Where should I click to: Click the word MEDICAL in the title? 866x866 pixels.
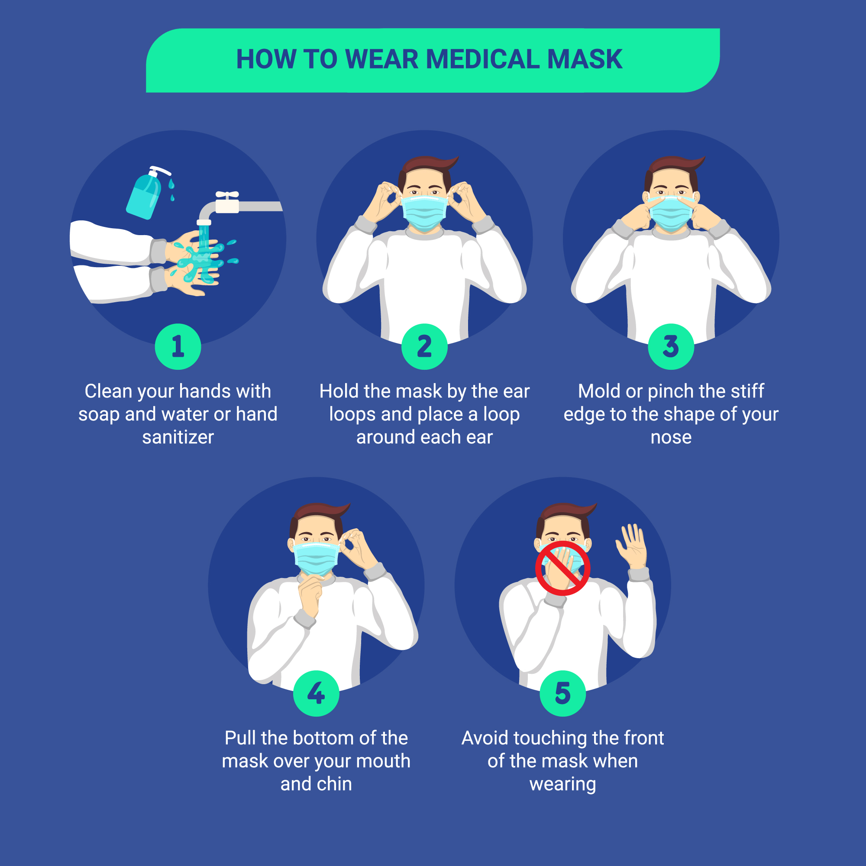[x=483, y=59]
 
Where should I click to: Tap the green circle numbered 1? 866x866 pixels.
[x=178, y=346]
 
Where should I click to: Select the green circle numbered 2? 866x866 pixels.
[x=424, y=346]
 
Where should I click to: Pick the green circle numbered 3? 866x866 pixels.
[x=671, y=346]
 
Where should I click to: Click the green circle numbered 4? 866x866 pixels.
[x=316, y=693]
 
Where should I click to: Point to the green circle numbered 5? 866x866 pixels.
[x=562, y=693]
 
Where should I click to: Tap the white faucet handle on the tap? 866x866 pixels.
[x=227, y=195]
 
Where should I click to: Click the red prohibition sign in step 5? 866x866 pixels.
[x=562, y=568]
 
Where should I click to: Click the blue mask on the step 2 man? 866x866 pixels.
[x=424, y=213]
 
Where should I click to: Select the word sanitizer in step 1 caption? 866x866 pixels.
[x=178, y=437]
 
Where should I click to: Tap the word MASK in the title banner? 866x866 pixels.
[x=585, y=59]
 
